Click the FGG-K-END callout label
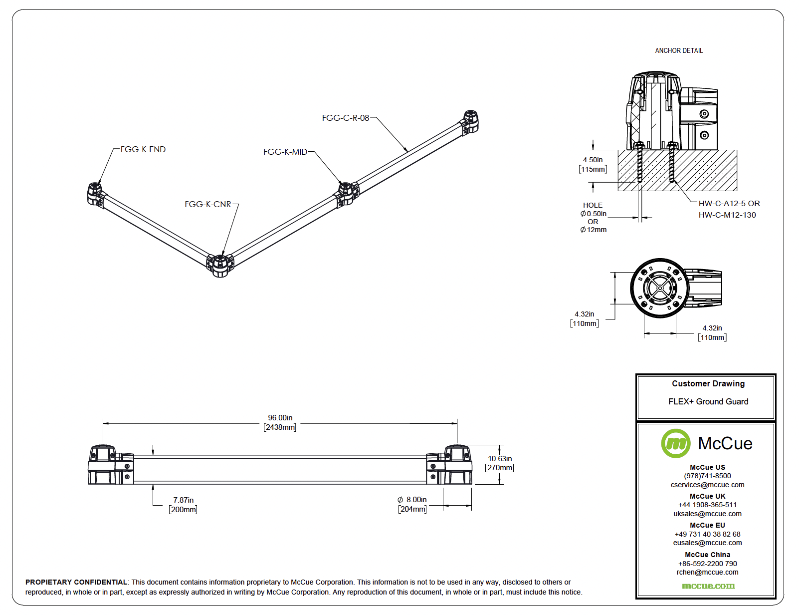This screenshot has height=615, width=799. coord(143,149)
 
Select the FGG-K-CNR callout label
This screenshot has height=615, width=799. coord(208,204)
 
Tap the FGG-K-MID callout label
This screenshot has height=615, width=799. coord(285,152)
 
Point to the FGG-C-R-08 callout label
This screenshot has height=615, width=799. coord(346,118)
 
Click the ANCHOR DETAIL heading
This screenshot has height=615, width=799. coord(679,50)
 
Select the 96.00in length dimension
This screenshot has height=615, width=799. coord(280,418)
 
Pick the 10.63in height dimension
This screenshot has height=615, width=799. coord(500,459)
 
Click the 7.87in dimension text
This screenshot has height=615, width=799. coord(184,500)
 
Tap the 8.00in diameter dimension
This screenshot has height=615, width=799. coord(412,500)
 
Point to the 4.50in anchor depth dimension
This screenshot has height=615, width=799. coord(593,160)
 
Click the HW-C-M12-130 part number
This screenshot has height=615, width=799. coord(727,215)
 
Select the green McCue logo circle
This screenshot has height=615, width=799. coord(676,443)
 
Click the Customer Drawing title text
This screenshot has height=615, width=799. coord(708,383)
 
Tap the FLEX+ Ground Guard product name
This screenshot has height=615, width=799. coord(708,401)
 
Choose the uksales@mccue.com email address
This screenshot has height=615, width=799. coord(707,514)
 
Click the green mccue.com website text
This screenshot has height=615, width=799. coord(708,586)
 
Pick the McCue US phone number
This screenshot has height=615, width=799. coord(707,476)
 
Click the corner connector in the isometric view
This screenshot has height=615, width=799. coord(220,264)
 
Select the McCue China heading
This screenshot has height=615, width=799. coord(707,555)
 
